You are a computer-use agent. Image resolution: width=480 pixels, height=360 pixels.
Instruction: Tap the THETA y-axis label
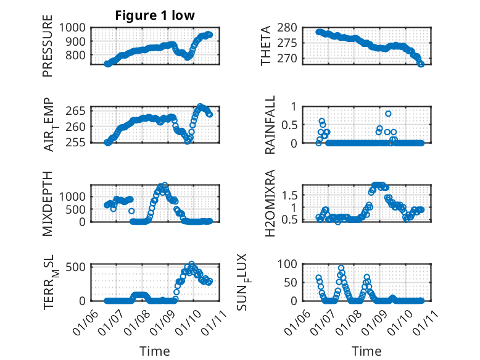tap(266, 46)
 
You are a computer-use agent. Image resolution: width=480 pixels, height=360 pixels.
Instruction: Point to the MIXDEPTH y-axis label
tap(48, 203)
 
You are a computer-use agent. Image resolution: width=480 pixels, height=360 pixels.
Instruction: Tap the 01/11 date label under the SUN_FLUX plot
tap(426, 319)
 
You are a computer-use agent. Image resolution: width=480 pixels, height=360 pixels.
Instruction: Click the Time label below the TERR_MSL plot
tap(154, 351)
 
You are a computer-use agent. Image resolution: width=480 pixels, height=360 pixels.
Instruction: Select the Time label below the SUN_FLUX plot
tap(366, 351)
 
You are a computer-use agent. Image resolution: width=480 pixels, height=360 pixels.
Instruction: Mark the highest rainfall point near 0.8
tap(388, 114)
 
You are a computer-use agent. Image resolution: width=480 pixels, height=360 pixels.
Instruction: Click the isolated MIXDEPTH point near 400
tap(131, 211)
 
